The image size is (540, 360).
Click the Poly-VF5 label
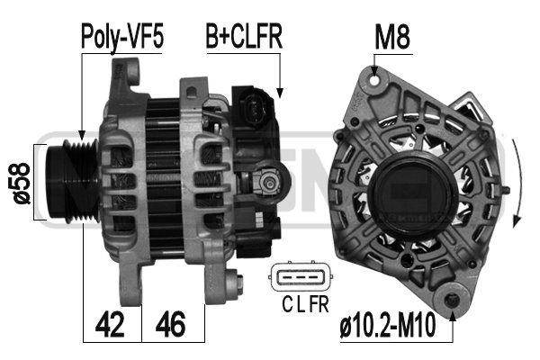coord(121,37)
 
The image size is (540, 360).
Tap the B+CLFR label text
coord(244,36)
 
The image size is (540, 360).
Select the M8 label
coord(392,37)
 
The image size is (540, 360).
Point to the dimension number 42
coord(110,324)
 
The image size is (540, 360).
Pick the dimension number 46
coord(170,324)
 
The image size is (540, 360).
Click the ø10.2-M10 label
coord(388,325)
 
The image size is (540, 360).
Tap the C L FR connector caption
coord(305,304)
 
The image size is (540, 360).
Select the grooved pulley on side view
coord(73,181)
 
